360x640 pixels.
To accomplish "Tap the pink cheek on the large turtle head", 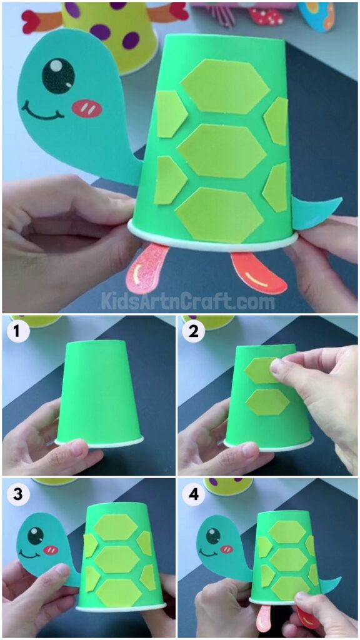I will (87, 108).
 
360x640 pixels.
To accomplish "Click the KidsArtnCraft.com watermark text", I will (187, 301).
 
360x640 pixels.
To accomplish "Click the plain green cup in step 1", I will (99, 391).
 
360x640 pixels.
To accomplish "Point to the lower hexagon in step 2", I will (267, 402).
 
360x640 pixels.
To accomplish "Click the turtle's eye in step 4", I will (214, 536).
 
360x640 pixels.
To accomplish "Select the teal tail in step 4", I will (331, 584).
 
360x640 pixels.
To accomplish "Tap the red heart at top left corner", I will (30, 21).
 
